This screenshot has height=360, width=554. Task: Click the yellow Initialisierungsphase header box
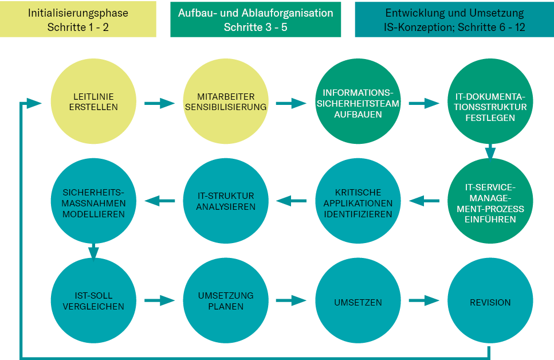(x=78, y=19)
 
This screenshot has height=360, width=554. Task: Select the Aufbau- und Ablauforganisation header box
(x=256, y=19)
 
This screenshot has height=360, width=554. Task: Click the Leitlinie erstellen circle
(x=95, y=102)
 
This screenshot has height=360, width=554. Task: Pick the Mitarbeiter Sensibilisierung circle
(x=226, y=102)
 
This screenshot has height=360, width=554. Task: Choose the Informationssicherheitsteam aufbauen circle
(x=358, y=102)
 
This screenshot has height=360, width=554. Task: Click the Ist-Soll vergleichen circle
(x=95, y=302)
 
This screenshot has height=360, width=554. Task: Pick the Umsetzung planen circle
(x=226, y=302)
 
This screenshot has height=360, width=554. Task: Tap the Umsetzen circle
(x=358, y=302)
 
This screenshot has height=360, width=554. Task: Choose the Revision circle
(x=490, y=302)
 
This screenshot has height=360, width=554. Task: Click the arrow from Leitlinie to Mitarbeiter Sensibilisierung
(x=159, y=103)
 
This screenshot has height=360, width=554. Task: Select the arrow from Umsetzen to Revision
(x=423, y=300)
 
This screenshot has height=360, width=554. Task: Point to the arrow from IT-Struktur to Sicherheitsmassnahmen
(x=160, y=201)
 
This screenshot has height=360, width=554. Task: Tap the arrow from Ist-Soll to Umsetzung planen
(x=159, y=300)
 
